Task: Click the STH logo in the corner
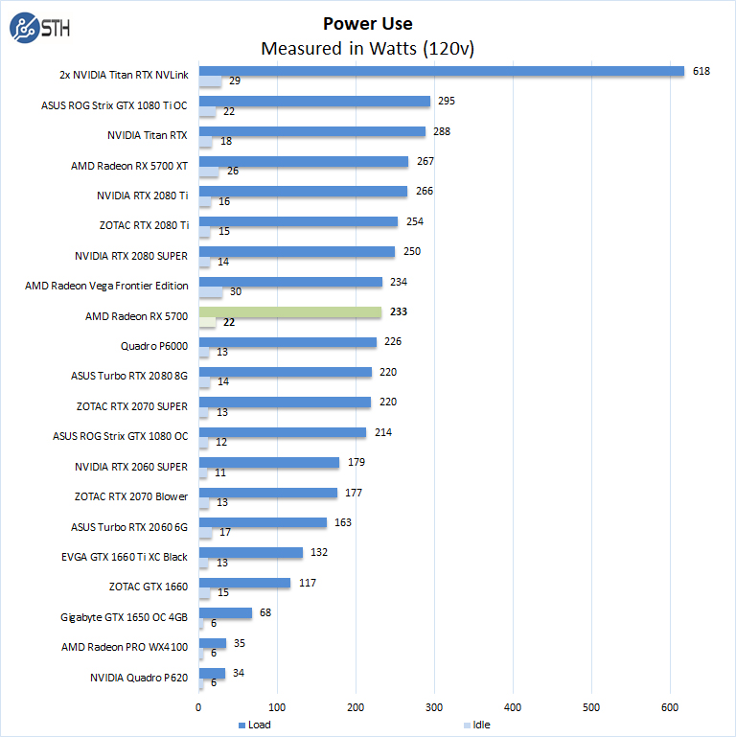[36, 29]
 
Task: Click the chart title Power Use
[368, 24]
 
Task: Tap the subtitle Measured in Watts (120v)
[368, 48]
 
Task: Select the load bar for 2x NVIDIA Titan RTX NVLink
[441, 71]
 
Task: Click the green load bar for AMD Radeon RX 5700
[289, 312]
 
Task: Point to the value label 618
[701, 71]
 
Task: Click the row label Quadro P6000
[154, 345]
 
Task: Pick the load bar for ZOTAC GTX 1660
[244, 583]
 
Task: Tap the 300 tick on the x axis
[434, 708]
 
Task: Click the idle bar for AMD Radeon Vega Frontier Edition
[210, 292]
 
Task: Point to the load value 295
[446, 101]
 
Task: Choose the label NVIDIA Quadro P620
[139, 677]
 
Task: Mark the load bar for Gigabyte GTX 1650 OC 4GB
[225, 613]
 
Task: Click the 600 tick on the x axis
[670, 708]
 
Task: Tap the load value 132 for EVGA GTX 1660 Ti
[318, 553]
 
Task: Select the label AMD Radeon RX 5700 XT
[129, 165]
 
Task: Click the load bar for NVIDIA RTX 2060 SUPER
[268, 463]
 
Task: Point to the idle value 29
[234, 81]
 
